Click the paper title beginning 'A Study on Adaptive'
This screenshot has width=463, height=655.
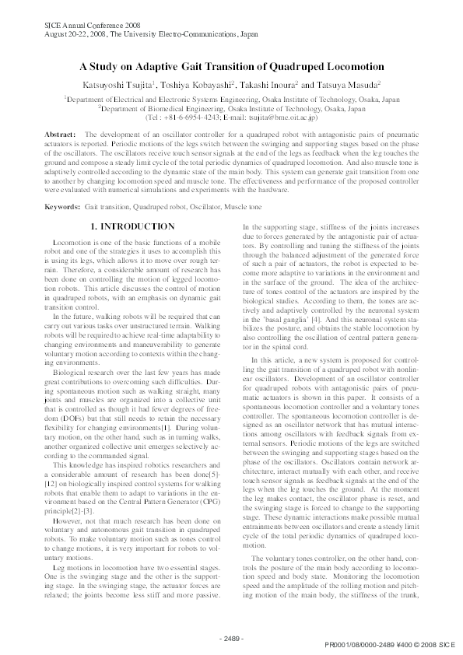coord(231,67)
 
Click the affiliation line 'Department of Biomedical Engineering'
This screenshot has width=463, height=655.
coord(231,110)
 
